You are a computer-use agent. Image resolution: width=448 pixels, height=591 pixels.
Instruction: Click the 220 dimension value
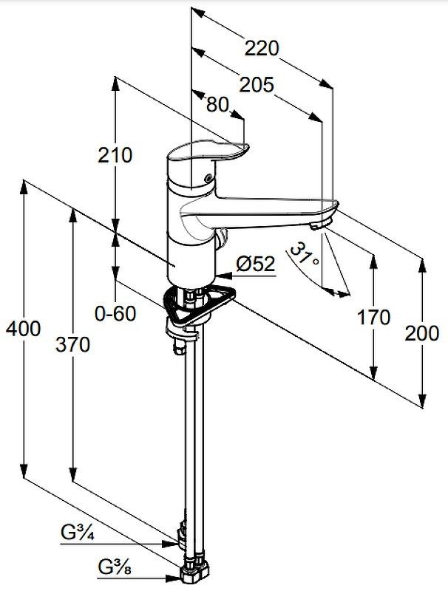coord(262,49)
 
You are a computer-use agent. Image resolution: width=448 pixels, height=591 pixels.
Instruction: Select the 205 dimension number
coord(256,85)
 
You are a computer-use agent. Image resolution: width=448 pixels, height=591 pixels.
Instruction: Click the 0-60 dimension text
coord(115,314)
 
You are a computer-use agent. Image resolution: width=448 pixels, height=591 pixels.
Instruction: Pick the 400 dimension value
coord(22,329)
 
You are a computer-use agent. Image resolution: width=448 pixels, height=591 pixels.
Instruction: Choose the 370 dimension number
coord(72,344)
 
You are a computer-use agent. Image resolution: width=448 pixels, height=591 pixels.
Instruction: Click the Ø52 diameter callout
coord(255,263)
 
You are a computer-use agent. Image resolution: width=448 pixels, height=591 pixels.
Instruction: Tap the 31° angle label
coord(303,256)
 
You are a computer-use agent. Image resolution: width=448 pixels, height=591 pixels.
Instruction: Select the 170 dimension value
coord(373,318)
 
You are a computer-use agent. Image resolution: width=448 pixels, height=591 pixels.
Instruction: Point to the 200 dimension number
coord(421,334)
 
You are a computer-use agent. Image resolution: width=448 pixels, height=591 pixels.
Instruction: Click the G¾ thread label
coord(77,532)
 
